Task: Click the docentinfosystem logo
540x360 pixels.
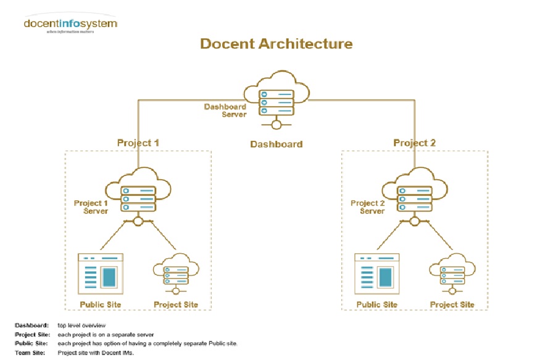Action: tap(70, 25)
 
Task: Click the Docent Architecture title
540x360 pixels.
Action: tap(276, 44)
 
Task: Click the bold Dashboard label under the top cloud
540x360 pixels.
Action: tap(276, 144)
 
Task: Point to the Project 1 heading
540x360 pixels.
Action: tap(138, 143)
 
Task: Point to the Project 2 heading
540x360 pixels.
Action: tap(414, 143)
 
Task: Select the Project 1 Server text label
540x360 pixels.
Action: tap(91, 207)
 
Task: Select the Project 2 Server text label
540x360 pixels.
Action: tap(368, 207)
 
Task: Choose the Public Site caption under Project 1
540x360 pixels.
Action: tap(101, 304)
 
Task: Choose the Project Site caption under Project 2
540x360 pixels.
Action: tap(452, 304)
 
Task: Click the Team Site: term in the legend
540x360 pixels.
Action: tap(29, 353)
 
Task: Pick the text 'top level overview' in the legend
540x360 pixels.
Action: tap(81, 325)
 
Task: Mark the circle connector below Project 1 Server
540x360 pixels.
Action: tap(138, 222)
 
